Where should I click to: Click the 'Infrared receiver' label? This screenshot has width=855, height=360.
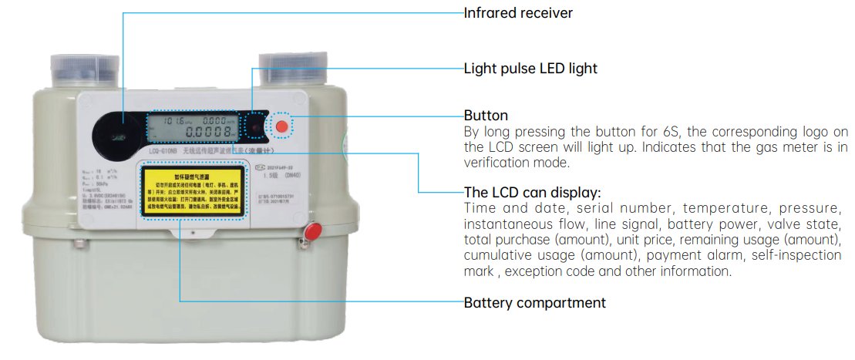tap(518, 13)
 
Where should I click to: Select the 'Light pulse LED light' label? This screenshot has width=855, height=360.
tap(530, 68)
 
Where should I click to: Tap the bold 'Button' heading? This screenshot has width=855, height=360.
tap(486, 116)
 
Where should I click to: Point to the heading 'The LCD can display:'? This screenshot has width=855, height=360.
tap(532, 192)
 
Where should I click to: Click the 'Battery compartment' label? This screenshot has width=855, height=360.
tap(534, 302)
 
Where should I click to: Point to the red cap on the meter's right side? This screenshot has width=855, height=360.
tap(313, 230)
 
